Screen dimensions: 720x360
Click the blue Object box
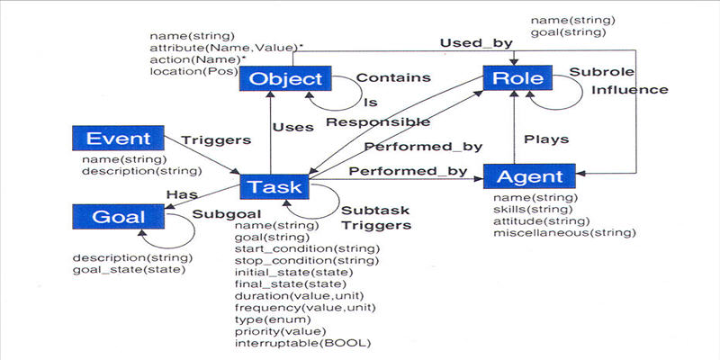coord(285,78)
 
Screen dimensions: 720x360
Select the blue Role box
coord(517,78)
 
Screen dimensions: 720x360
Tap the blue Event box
coord(118,139)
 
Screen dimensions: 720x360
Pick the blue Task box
coord(274,187)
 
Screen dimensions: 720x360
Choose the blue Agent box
coord(529,176)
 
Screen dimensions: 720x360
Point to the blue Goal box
coord(118,217)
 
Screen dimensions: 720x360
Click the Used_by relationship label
coord(476,43)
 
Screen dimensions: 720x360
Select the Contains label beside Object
coord(393,77)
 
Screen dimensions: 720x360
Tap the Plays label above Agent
coord(546,139)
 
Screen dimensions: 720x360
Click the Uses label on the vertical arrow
coord(293,127)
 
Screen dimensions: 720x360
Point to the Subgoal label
coord(227,214)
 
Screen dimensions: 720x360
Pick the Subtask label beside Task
coord(375,211)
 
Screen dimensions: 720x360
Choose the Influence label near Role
coord(629,89)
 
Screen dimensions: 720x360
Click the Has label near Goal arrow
coord(182,194)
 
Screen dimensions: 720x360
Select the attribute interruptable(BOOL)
coord(302,343)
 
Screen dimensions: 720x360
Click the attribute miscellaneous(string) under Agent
coord(564,233)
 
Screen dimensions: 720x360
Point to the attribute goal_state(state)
coord(129,269)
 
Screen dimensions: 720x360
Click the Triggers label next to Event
coord(216,140)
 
